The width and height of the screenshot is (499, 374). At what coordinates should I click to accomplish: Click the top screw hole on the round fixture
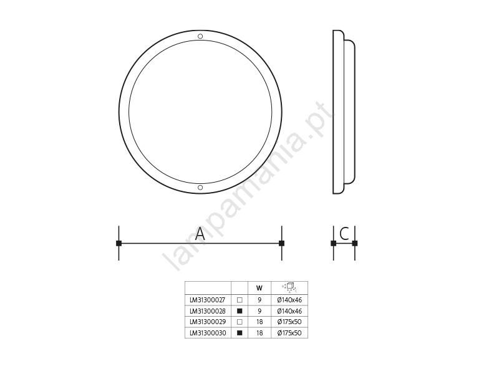pos(200,36)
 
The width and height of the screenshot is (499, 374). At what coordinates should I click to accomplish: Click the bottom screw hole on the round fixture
pos(200,188)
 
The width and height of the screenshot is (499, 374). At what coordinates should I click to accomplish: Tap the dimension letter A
pos(200,234)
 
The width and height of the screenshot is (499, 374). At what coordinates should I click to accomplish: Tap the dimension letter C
pos(344,234)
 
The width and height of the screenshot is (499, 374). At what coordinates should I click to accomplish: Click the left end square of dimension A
pos(119,243)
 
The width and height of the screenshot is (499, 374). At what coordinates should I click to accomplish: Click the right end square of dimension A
pos(282,243)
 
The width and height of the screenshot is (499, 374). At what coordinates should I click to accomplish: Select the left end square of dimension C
pos(334,243)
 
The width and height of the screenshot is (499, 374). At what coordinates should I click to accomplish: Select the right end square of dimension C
pos(355,243)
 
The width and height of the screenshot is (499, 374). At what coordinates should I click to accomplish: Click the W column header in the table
pos(259,288)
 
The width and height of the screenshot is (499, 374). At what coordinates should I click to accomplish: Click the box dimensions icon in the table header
pos(289,287)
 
